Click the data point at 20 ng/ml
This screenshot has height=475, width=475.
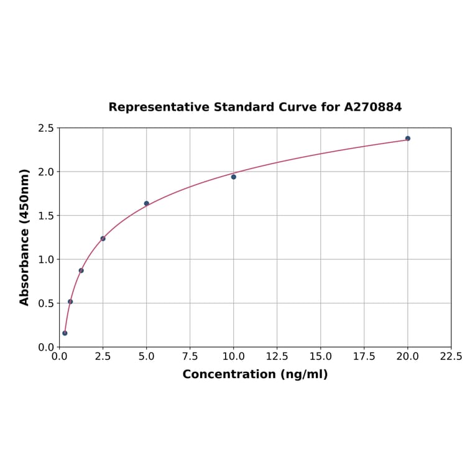[408, 139]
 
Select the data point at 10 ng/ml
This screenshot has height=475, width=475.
[234, 177]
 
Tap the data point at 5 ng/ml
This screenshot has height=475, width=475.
[147, 203]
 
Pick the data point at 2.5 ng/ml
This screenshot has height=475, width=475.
[103, 239]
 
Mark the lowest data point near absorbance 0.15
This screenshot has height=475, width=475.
[65, 333]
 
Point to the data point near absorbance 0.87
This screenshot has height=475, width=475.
[81, 270]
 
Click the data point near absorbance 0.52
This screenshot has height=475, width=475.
[70, 302]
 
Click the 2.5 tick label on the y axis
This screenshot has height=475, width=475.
[46, 128]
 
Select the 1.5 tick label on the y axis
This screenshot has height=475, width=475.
[46, 216]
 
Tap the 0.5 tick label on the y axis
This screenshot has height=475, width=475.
[46, 303]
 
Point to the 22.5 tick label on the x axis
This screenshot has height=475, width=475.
[451, 357]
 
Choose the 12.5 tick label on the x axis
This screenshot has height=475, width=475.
[277, 357]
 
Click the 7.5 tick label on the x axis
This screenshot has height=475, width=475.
[190, 357]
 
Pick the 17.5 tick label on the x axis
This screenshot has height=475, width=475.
[364, 357]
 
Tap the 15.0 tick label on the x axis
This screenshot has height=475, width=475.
[320, 357]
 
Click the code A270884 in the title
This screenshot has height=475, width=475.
[373, 107]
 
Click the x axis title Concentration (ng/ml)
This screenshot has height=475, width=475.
[255, 374]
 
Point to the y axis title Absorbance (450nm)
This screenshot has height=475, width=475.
[25, 237]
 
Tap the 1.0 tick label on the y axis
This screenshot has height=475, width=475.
[46, 259]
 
